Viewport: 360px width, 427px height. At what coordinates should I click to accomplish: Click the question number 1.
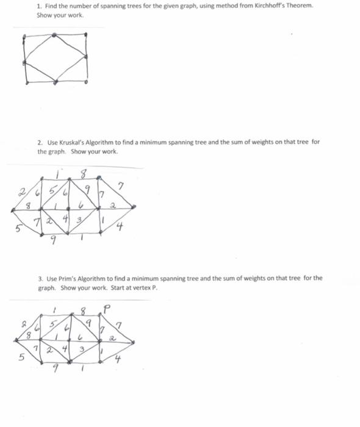pyautogui.click(x=38, y=5)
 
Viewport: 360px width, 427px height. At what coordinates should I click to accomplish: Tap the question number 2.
pyautogui.click(x=39, y=142)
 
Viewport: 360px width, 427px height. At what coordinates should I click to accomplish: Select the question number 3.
pyautogui.click(x=39, y=278)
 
